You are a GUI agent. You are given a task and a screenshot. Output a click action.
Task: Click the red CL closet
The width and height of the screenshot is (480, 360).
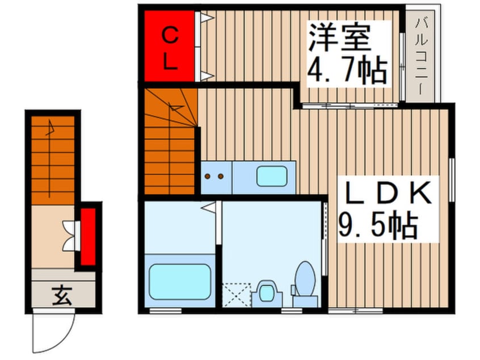tap(169, 47)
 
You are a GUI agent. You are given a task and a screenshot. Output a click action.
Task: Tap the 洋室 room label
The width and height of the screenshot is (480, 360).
tap(339, 38)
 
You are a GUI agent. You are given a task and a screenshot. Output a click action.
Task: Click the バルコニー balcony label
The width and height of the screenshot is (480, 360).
tap(421, 55)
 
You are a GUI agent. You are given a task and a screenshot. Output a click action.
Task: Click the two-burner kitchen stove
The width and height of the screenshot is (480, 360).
tap(214, 176)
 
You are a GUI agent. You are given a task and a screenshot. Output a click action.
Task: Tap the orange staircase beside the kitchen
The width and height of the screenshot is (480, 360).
tap(169, 142)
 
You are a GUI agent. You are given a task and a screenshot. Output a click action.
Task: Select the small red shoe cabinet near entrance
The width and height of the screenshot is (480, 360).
tap(87, 237)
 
